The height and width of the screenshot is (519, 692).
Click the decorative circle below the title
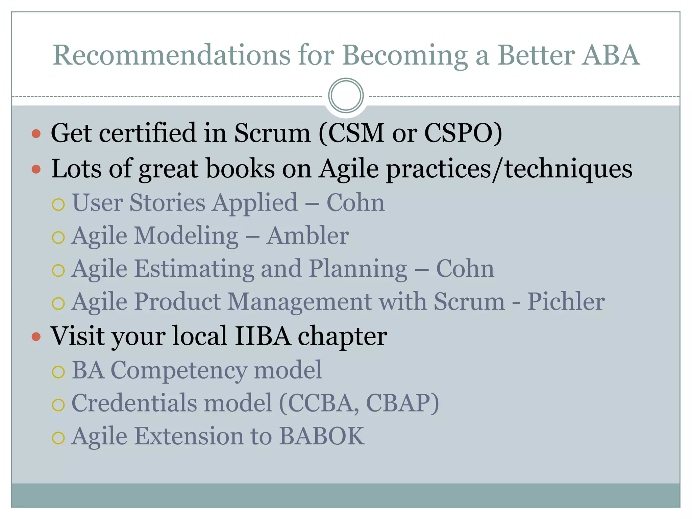coord(346,95)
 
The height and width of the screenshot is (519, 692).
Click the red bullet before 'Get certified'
coord(36,134)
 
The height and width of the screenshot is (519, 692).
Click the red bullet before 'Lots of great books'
coord(36,169)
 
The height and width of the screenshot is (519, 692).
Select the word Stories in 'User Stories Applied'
coord(167,203)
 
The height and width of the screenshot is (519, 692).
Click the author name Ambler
coord(307,236)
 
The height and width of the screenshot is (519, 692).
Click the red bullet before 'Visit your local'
coord(36,337)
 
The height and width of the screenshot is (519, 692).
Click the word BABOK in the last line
coord(322,436)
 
